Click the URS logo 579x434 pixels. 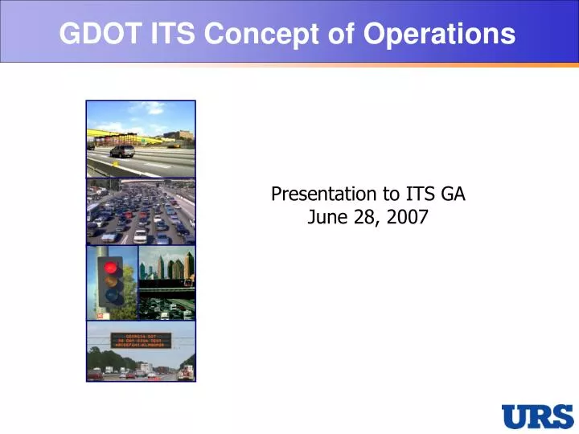536,416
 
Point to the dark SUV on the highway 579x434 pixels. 123,150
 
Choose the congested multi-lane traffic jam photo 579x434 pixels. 141,211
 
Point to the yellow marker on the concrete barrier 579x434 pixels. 115,163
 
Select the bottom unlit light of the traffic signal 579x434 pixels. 110,298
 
